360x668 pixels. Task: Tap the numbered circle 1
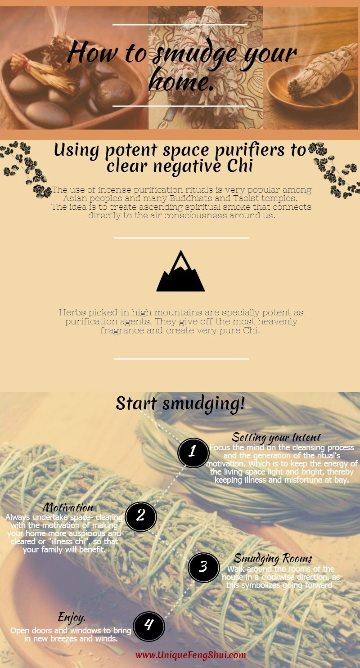193,453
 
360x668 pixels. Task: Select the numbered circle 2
141,516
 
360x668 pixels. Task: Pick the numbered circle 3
204,567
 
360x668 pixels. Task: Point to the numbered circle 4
148,626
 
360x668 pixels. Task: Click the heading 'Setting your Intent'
276,438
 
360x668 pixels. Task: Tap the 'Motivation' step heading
68,507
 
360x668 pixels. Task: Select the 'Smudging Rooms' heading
273,559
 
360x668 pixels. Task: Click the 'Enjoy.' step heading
72,618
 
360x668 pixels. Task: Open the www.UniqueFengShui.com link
191,655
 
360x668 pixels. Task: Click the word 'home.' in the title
182,81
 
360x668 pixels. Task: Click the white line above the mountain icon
181,238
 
